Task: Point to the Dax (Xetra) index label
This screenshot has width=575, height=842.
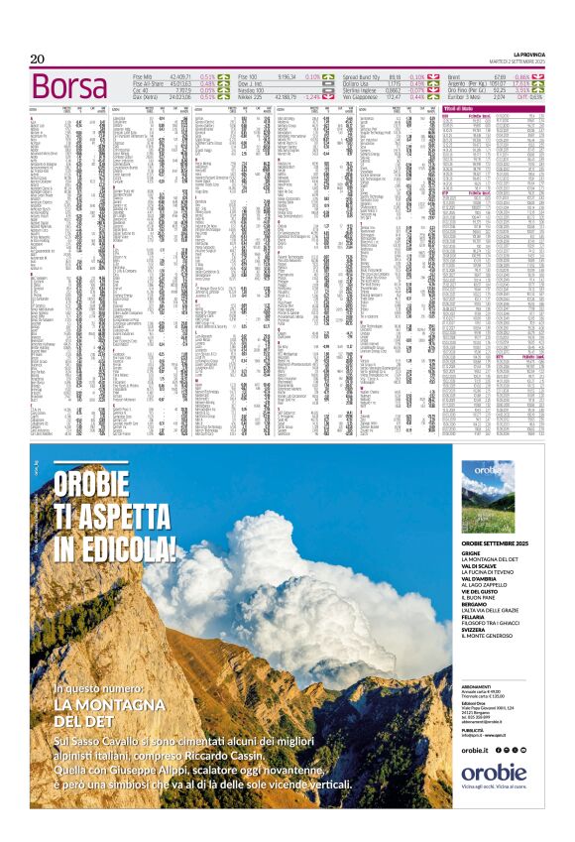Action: tap(148, 96)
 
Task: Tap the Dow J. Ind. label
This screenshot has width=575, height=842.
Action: tap(252, 82)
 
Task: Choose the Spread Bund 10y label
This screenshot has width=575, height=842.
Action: tap(364, 75)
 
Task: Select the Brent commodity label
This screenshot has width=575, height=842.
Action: tap(456, 75)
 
